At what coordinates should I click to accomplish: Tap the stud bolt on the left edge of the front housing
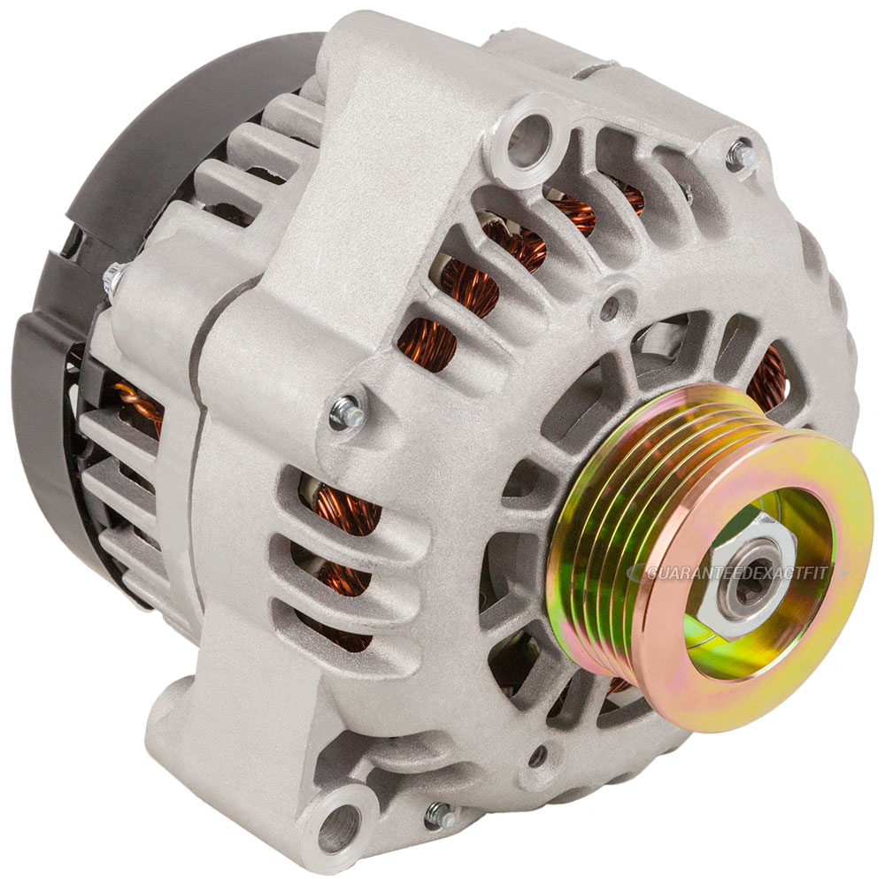click(342, 412)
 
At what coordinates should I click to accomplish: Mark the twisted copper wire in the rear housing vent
click(139, 404)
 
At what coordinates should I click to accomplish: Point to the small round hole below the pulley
click(537, 756)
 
